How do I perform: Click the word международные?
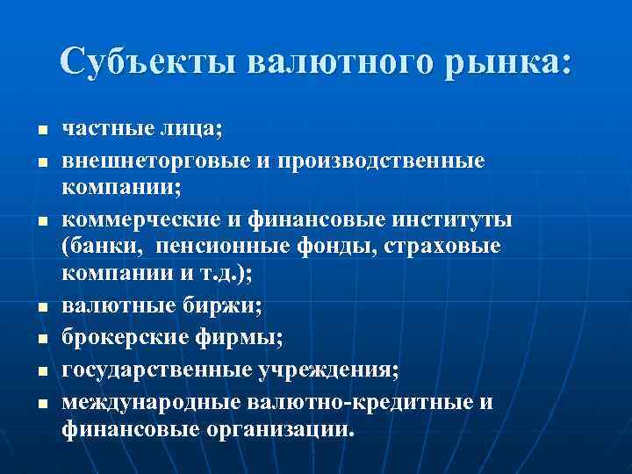[150, 403]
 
